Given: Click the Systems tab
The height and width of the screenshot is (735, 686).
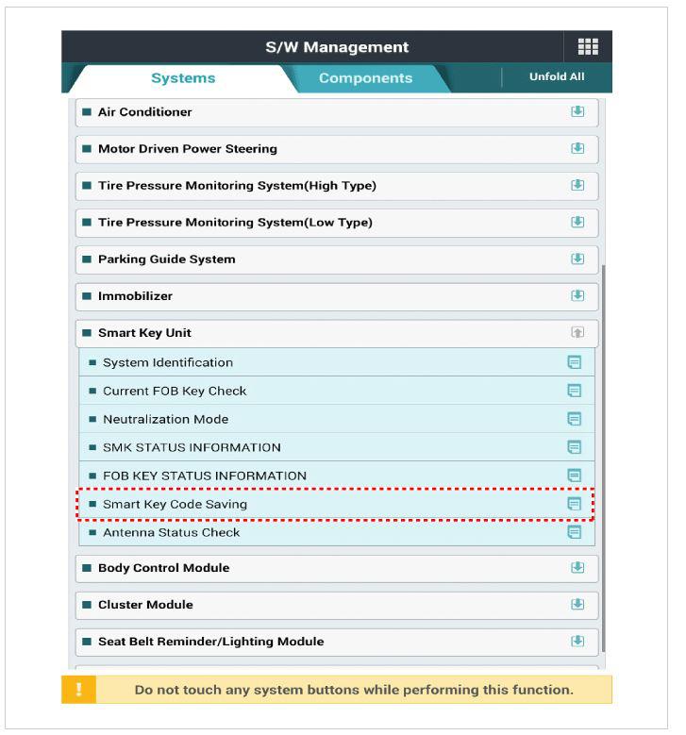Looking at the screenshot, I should point(183,78).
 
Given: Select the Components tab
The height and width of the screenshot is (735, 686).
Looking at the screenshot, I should point(365,78).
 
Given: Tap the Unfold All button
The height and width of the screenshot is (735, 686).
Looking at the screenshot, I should point(556,76).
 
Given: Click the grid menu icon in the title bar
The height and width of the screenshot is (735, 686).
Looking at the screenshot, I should point(588,47).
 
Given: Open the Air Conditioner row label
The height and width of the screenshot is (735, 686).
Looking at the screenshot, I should point(145,112).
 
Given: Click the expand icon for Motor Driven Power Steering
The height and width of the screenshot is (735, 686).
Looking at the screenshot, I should point(577,149).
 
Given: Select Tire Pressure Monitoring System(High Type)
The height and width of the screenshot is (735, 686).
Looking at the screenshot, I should point(237,186).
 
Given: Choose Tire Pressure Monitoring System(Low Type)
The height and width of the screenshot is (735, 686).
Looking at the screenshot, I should point(235,223).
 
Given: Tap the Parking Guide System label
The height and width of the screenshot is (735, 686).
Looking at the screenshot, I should point(167,259).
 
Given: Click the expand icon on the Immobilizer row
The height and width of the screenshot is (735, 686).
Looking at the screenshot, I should point(577,296).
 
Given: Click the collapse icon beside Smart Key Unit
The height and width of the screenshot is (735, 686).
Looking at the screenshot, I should point(577,333).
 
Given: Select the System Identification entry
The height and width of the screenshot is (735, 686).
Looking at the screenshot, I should point(168,362).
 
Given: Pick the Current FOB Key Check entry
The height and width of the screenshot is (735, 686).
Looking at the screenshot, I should point(175,391).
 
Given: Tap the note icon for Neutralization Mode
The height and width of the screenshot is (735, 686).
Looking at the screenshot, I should point(574,419).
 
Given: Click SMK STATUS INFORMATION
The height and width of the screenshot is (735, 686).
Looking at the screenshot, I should point(192,447).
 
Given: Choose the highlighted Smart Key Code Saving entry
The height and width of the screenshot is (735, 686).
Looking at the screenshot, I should point(175,504).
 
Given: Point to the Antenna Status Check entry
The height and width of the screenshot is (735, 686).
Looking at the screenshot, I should point(171,532).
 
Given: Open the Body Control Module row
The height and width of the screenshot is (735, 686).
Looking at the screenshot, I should point(164,568).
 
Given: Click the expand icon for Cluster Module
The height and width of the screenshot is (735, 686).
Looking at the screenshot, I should point(577,605).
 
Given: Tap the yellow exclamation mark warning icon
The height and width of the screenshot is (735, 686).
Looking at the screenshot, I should point(78,690).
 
